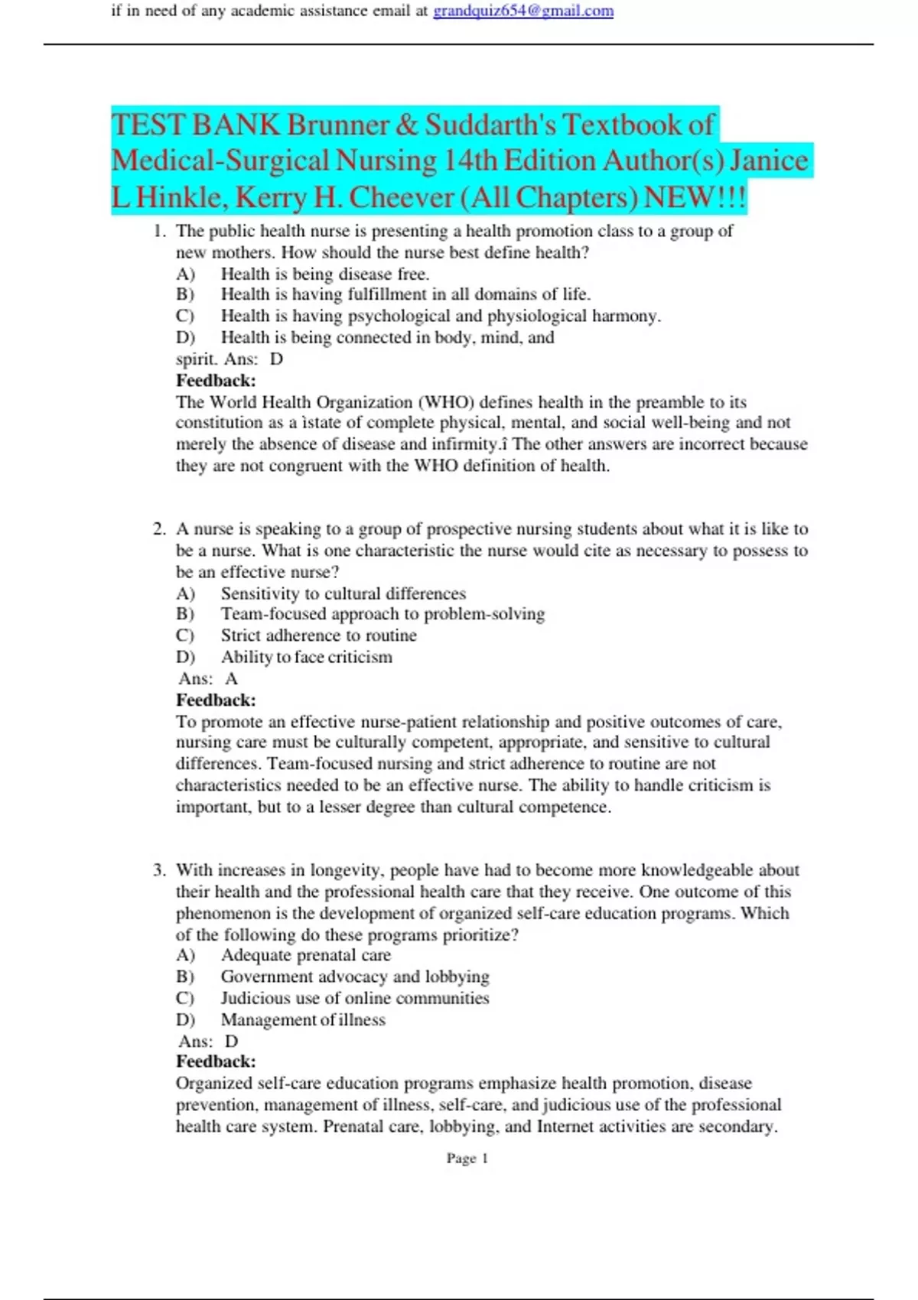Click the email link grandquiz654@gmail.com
pyautogui.click(x=523, y=11)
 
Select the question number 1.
pyautogui.click(x=159, y=231)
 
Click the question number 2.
pyautogui.click(x=159, y=529)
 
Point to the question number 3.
pyautogui.click(x=159, y=870)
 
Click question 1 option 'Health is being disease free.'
pyautogui.click(x=324, y=274)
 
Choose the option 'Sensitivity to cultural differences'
pyautogui.click(x=343, y=593)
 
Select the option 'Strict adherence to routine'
pyautogui.click(x=318, y=635)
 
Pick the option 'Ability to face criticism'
pyautogui.click(x=306, y=657)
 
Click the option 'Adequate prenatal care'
pyautogui.click(x=305, y=955)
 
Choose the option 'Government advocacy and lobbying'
pyautogui.click(x=354, y=977)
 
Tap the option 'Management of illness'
pyautogui.click(x=303, y=1019)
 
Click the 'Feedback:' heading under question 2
pyautogui.click(x=216, y=700)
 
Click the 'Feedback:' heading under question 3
pyautogui.click(x=216, y=1061)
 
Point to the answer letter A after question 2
pyautogui.click(x=231, y=678)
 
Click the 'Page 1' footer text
pyautogui.click(x=467, y=1159)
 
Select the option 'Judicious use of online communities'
pyautogui.click(x=354, y=998)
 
